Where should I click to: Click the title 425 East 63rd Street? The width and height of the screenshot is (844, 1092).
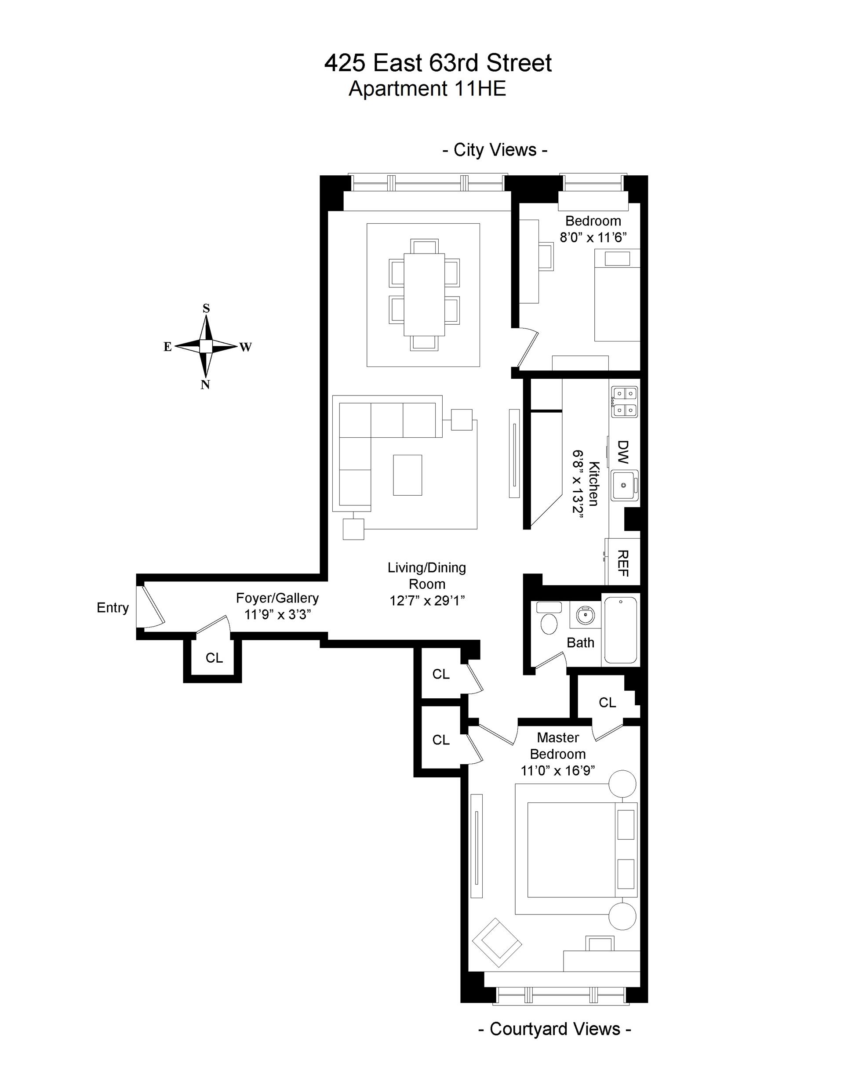[438, 63]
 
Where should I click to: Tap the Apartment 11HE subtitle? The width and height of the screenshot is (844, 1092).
[427, 88]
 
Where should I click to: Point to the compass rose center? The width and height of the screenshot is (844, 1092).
[206, 346]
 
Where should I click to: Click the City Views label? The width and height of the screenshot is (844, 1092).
[495, 150]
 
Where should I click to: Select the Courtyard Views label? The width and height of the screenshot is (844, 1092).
[555, 1029]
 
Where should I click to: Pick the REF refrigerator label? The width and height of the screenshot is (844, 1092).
[623, 563]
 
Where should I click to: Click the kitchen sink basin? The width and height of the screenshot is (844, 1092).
[624, 485]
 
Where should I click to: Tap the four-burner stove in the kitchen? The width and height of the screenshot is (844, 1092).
[624, 403]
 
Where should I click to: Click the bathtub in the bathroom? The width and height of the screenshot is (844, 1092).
[621, 630]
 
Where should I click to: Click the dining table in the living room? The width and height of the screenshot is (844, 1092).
[424, 295]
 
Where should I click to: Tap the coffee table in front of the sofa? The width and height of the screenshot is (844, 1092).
[407, 475]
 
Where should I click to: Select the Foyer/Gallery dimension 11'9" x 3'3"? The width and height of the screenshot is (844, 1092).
[278, 614]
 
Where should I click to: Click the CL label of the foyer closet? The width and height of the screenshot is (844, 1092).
[214, 658]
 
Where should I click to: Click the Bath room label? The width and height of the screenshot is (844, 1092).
[580, 642]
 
